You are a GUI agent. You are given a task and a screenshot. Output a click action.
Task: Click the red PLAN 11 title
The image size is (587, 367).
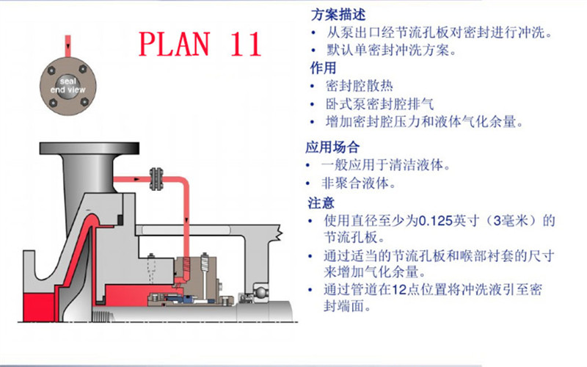[200, 44]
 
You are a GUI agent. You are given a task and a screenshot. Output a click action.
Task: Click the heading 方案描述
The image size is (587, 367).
[338, 15]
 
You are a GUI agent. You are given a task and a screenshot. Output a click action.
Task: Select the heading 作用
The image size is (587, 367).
[323, 68]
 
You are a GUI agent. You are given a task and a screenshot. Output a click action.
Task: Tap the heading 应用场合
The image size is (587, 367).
[332, 148]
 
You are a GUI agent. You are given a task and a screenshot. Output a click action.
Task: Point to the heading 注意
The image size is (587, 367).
[321, 203]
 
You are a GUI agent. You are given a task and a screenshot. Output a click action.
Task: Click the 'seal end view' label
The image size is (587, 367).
[68, 85]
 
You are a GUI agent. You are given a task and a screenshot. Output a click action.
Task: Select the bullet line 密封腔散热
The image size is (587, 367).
[359, 86]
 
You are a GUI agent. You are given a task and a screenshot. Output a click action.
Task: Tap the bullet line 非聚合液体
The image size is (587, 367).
[358, 183]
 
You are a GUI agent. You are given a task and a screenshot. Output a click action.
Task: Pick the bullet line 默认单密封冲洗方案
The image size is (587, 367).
[391, 50]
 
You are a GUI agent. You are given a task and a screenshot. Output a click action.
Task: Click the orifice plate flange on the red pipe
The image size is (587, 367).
[156, 179]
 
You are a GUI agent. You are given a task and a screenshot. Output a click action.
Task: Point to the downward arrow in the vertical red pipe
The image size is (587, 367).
[186, 221]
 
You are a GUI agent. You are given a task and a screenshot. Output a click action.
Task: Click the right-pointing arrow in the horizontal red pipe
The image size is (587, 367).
[136, 179]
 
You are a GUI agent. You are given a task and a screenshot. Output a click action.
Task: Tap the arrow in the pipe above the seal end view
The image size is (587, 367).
[68, 46]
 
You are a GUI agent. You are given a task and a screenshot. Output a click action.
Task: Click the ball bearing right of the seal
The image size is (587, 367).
[260, 291]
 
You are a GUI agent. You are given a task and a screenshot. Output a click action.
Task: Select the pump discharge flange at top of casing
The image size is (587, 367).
[90, 148]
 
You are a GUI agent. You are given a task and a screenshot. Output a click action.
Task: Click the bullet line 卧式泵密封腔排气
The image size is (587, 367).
[379, 103]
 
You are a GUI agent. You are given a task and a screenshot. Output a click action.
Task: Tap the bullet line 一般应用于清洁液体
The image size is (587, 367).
[386, 164]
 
